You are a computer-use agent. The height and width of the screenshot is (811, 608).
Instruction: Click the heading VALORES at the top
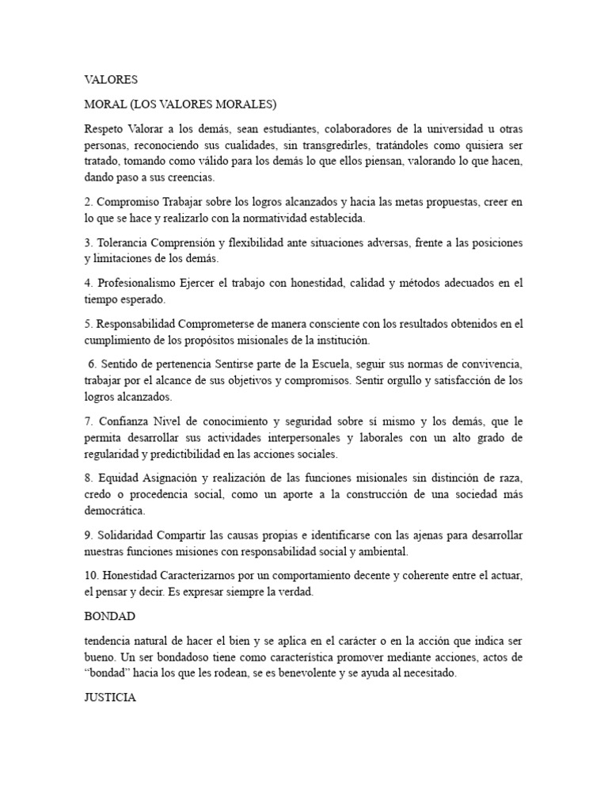click(x=111, y=79)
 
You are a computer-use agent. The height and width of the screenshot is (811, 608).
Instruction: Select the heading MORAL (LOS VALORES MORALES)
click(x=180, y=104)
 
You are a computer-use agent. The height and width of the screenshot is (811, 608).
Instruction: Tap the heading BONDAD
click(x=108, y=615)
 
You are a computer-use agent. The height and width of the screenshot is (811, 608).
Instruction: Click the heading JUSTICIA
click(x=110, y=698)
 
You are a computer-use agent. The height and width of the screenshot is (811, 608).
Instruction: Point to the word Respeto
click(x=103, y=128)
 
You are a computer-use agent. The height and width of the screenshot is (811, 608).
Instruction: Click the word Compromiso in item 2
click(x=127, y=203)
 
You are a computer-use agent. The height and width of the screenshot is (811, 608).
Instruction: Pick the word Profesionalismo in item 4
click(x=142, y=283)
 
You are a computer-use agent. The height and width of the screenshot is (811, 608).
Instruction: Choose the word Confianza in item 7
click(x=123, y=421)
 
